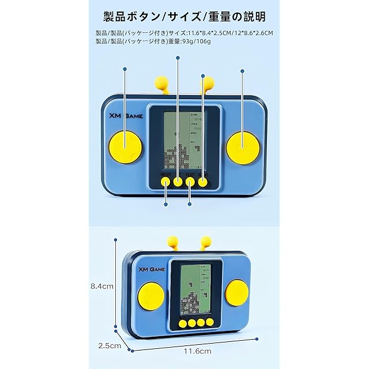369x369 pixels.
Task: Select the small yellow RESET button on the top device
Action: pyautogui.click(x=190, y=182)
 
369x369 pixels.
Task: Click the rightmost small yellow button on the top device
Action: pyautogui.click(x=203, y=182)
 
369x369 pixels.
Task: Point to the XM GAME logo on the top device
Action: pyautogui.click(x=128, y=115)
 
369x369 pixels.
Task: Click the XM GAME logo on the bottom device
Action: pyautogui.click(x=151, y=269)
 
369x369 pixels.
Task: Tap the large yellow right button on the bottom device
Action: pyautogui.click(x=236, y=292)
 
